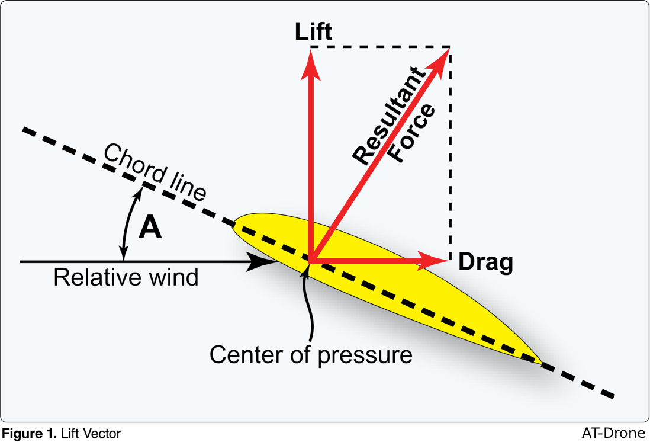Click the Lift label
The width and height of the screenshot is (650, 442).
(313, 32)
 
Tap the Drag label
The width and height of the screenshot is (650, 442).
(485, 262)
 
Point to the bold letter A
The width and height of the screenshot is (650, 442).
(150, 227)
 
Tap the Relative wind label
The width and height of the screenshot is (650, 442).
(126, 277)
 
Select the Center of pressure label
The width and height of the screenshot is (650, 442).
(311, 354)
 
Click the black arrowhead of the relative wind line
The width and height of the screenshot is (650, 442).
(260, 261)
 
